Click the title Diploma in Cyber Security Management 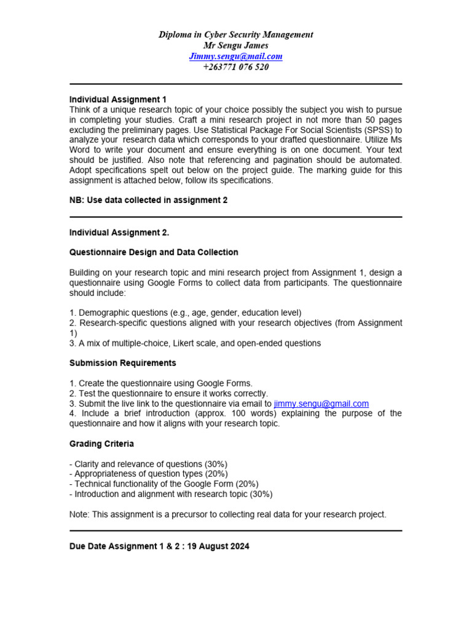click(236, 34)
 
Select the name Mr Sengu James click(236, 46)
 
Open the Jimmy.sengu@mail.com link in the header click(236, 57)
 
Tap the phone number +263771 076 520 click(236, 67)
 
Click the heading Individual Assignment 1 click(118, 100)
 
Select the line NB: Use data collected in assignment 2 click(148, 200)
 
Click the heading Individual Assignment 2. click(119, 233)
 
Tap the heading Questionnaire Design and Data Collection click(154, 252)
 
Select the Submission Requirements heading click(123, 363)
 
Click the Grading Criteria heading click(101, 444)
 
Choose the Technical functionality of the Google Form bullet click(163, 484)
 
